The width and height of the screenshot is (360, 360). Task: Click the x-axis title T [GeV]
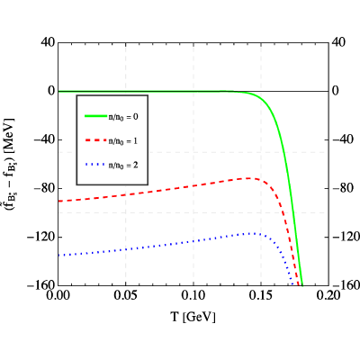193,317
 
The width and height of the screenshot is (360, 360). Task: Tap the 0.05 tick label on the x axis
125,295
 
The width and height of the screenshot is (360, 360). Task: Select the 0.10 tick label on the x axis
193,295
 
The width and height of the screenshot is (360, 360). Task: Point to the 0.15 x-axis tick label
261,295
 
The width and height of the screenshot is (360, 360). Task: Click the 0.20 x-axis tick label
328,295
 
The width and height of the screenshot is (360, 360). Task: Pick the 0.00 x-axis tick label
58,295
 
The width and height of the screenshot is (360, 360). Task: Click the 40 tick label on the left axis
48,42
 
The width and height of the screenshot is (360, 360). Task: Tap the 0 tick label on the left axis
51,91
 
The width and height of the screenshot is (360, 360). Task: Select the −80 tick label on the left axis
45,188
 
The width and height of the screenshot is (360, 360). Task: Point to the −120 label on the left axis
41,237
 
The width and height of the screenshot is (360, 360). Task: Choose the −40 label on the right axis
342,139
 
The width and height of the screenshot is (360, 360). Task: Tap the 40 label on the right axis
338,42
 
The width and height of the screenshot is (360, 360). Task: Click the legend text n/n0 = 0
123,116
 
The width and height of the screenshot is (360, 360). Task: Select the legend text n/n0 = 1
123,140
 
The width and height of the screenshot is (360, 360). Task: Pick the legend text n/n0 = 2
123,165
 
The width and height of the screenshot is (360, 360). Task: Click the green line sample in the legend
96,116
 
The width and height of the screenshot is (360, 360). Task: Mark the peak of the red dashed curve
248,178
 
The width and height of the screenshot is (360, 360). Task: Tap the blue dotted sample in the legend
96,164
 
